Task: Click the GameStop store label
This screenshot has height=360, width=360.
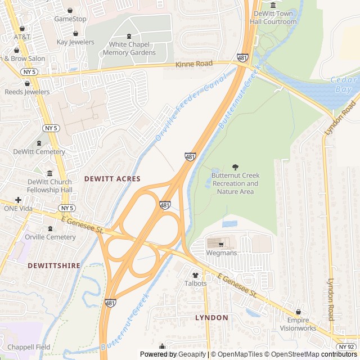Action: pyautogui.click(x=70, y=19)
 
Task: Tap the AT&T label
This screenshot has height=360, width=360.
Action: pyautogui.click(x=22, y=37)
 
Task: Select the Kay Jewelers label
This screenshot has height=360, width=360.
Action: pyautogui.click(x=75, y=42)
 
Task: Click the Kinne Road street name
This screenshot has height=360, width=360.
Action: pyautogui.click(x=194, y=64)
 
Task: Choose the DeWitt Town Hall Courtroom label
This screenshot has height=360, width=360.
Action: pyautogui.click(x=273, y=17)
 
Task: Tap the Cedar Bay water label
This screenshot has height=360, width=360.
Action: pyautogui.click(x=344, y=85)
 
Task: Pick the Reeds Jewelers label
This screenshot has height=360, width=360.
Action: pyautogui.click(x=27, y=92)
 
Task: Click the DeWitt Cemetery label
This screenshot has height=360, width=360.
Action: pyautogui.click(x=39, y=152)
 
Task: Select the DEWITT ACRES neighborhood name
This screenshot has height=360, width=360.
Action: pyautogui.click(x=112, y=178)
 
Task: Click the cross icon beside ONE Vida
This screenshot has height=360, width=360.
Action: pyautogui.click(x=19, y=200)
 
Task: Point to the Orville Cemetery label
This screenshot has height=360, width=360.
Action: pyautogui.click(x=50, y=237)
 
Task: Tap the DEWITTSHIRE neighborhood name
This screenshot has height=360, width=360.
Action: pyautogui.click(x=54, y=265)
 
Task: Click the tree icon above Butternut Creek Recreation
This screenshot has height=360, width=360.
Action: pyautogui.click(x=235, y=167)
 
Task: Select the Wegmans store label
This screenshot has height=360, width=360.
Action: pyautogui.click(x=221, y=253)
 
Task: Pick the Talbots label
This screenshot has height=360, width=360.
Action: pyautogui.click(x=196, y=283)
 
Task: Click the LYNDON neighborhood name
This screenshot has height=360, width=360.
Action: pyautogui.click(x=211, y=318)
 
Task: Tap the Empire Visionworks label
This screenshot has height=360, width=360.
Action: pyautogui.click(x=298, y=324)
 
